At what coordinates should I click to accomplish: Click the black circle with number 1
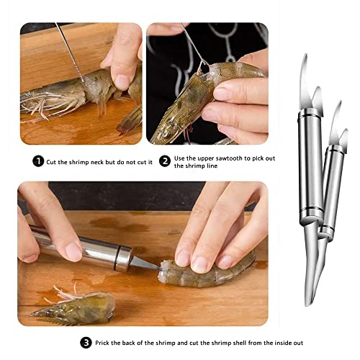pos(38,161)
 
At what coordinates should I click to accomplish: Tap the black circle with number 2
pos(165,161)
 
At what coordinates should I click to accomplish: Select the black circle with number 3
pos(86,342)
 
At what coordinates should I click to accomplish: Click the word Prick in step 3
pos(105,342)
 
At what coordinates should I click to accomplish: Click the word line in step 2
pos(206,167)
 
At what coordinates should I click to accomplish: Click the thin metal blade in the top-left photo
pos(69,50)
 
